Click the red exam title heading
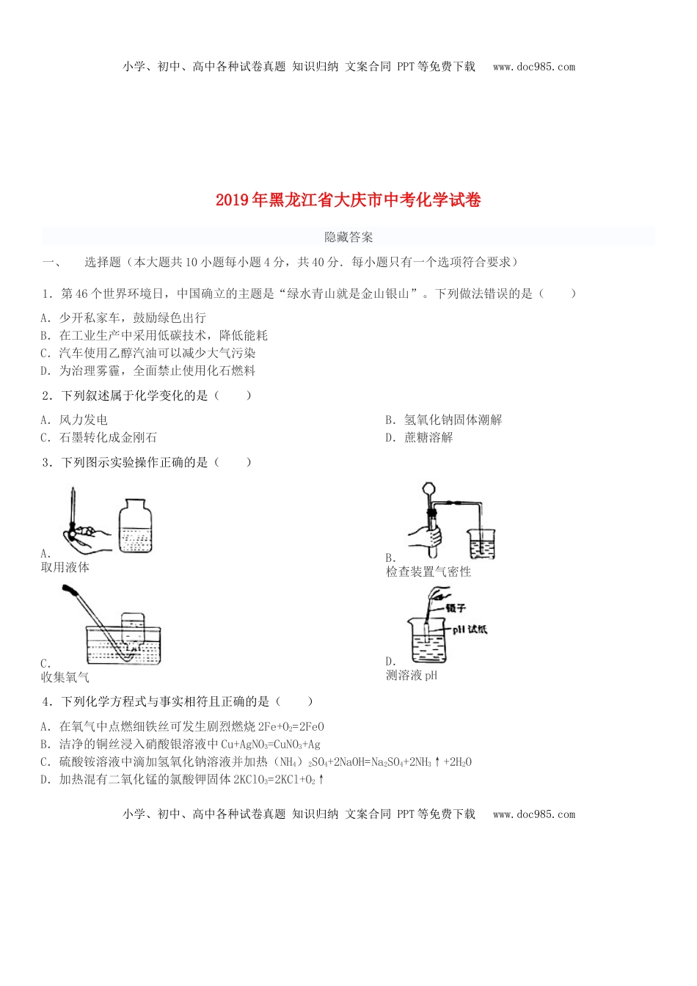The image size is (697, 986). point(348,200)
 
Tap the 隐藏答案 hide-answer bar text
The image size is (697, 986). point(348,237)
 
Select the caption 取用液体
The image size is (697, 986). point(65,567)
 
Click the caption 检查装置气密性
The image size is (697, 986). point(428,571)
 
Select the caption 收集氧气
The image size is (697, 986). point(65,676)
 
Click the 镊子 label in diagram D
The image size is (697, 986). point(455,607)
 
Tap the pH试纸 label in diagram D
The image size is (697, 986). point(469,629)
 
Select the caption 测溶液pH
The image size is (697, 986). point(412,675)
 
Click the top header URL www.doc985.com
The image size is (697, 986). point(534,67)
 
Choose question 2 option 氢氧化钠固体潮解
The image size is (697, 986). point(453,420)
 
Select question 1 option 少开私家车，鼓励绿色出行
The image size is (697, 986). point(132,318)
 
